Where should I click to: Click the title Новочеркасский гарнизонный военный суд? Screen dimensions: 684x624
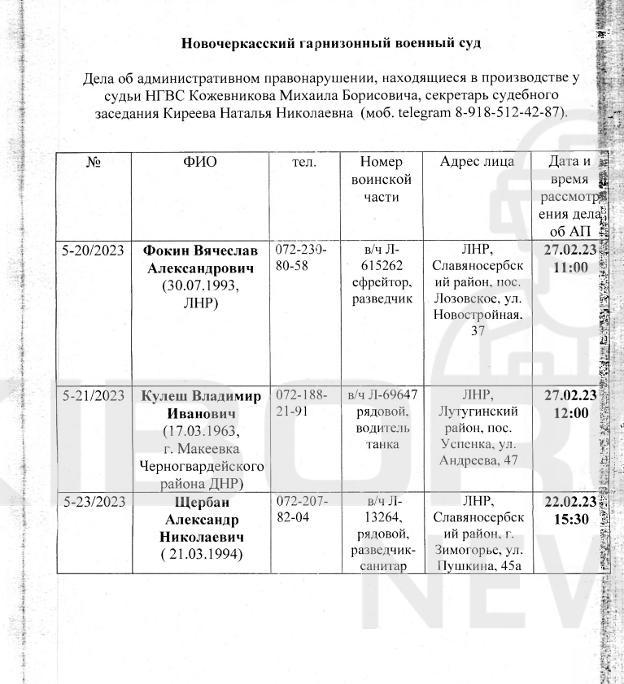click(x=331, y=43)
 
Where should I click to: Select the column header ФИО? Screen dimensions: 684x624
click(x=200, y=162)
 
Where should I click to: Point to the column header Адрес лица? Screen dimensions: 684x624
click(x=477, y=161)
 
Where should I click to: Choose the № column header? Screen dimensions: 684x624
click(x=92, y=162)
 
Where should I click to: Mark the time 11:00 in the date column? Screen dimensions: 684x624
click(x=569, y=267)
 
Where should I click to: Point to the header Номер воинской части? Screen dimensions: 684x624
click(x=382, y=179)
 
